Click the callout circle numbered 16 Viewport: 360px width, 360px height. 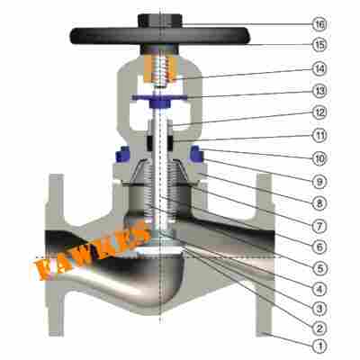point(319,24)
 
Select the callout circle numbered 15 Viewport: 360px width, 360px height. point(319,45)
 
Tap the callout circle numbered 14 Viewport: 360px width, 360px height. point(319,68)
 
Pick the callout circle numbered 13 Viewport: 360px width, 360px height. point(319,91)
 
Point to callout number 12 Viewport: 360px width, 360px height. point(319,112)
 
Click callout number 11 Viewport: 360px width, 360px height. point(319,136)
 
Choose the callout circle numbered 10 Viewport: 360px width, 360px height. point(319,158)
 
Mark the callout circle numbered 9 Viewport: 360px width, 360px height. point(319,181)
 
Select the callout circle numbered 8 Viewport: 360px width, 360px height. point(319,203)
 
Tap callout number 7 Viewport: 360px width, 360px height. point(319,225)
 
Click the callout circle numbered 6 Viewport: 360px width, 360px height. point(319,247)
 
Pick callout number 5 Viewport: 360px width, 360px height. point(319,268)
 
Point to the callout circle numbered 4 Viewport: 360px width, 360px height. point(319,289)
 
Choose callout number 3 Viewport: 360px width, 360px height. point(319,308)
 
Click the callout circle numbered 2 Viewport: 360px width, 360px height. point(319,328)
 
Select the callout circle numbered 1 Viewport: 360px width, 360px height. point(319,346)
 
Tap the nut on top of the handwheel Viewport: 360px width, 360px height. point(160,21)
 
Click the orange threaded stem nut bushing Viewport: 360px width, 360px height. point(159,69)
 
